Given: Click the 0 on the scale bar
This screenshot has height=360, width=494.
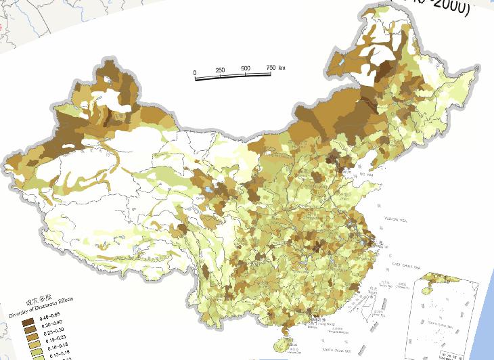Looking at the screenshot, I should [x=194, y=71].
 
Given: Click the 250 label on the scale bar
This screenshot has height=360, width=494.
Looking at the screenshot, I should [x=220, y=70].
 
